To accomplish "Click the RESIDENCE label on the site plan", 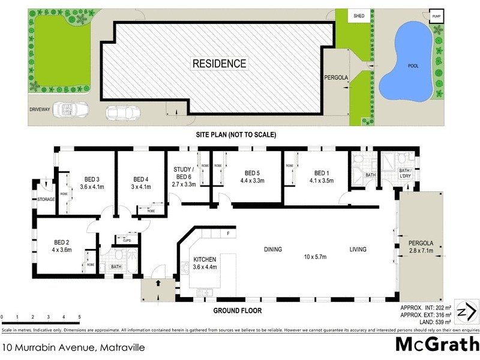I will (x=219, y=63).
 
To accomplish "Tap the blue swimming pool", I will (x=409, y=60).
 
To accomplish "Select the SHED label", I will (x=359, y=16).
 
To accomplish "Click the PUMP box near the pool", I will (x=436, y=16).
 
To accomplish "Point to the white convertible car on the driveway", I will (x=70, y=110).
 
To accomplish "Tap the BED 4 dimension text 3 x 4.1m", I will (x=140, y=187).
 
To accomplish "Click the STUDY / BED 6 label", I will (x=182, y=173).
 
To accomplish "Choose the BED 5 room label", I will (x=252, y=173).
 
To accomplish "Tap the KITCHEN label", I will (x=205, y=260).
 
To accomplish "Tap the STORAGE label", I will (x=46, y=199).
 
